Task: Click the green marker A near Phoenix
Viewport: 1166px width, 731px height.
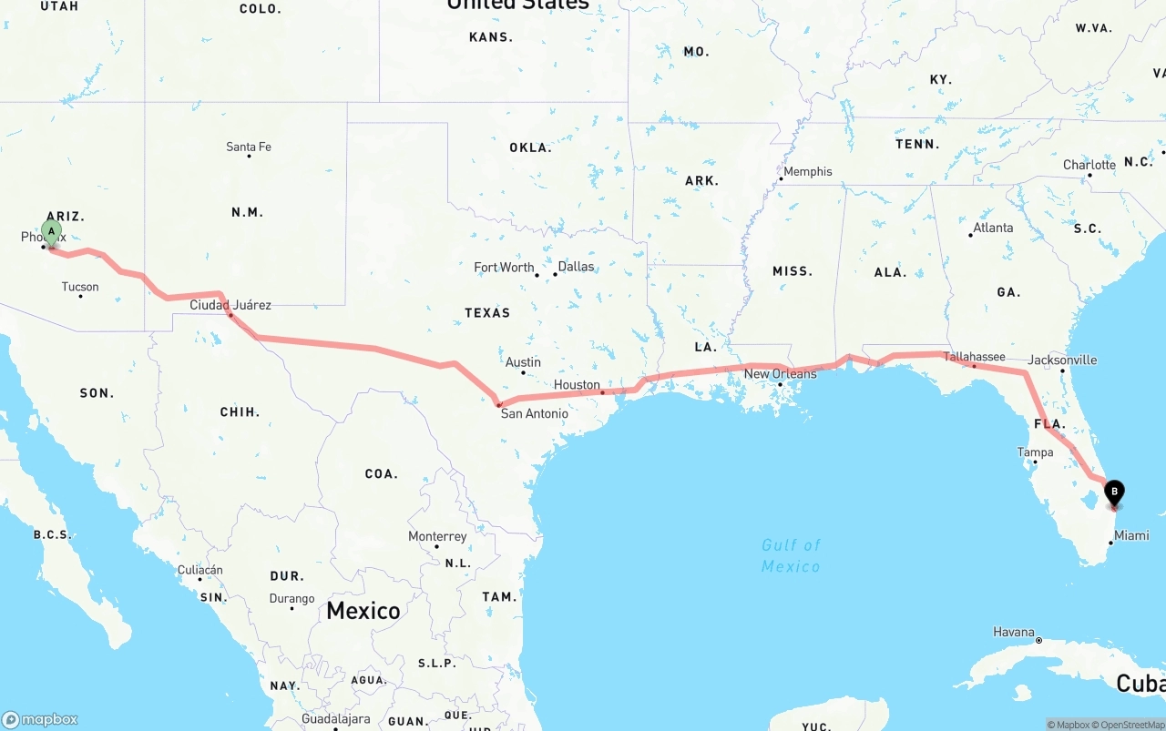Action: [52, 231]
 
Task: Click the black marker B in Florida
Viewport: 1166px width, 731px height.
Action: [1113, 492]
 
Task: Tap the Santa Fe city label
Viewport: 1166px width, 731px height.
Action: [249, 147]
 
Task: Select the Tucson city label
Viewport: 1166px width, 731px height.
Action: [80, 287]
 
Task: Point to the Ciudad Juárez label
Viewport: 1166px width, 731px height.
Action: [230, 305]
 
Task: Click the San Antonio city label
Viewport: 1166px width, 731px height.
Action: [534, 413]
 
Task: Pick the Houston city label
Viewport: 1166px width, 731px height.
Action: [577, 385]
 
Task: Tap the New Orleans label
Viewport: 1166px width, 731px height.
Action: [781, 374]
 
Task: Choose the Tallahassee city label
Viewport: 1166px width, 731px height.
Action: [974, 357]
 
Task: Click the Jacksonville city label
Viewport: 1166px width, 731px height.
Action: [1062, 360]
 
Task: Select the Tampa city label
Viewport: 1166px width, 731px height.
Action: [1035, 452]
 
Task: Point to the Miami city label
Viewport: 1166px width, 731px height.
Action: [1131, 535]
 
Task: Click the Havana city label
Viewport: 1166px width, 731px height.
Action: [1014, 632]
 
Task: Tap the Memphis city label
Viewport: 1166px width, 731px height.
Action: [807, 171]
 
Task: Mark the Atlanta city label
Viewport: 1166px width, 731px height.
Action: [992, 228]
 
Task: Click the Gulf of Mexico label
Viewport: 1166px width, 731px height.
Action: [791, 555]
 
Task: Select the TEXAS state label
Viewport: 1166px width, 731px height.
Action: [487, 312]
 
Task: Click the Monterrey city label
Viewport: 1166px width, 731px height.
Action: [437, 536]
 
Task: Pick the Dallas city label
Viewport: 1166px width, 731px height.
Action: [576, 267]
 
